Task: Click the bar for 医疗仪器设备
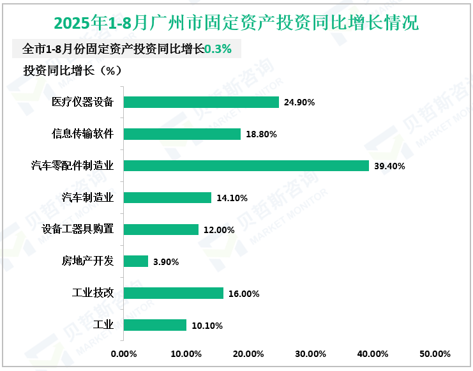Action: point(201,102)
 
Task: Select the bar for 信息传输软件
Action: point(182,134)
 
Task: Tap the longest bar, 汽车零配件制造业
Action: point(246,166)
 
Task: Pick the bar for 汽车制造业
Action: point(167,198)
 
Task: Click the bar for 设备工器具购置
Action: point(161,230)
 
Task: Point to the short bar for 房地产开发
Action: point(135,261)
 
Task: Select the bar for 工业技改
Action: point(173,293)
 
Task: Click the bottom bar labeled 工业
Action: point(154,325)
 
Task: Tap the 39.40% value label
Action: point(389,166)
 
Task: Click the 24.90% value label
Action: point(300,102)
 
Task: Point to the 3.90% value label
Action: point(166,262)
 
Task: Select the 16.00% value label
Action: point(244,294)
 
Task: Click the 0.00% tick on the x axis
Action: point(124,354)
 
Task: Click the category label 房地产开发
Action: point(87,261)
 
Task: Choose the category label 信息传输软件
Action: point(83,134)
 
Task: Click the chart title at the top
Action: point(236,24)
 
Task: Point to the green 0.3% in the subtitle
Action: point(218,49)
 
